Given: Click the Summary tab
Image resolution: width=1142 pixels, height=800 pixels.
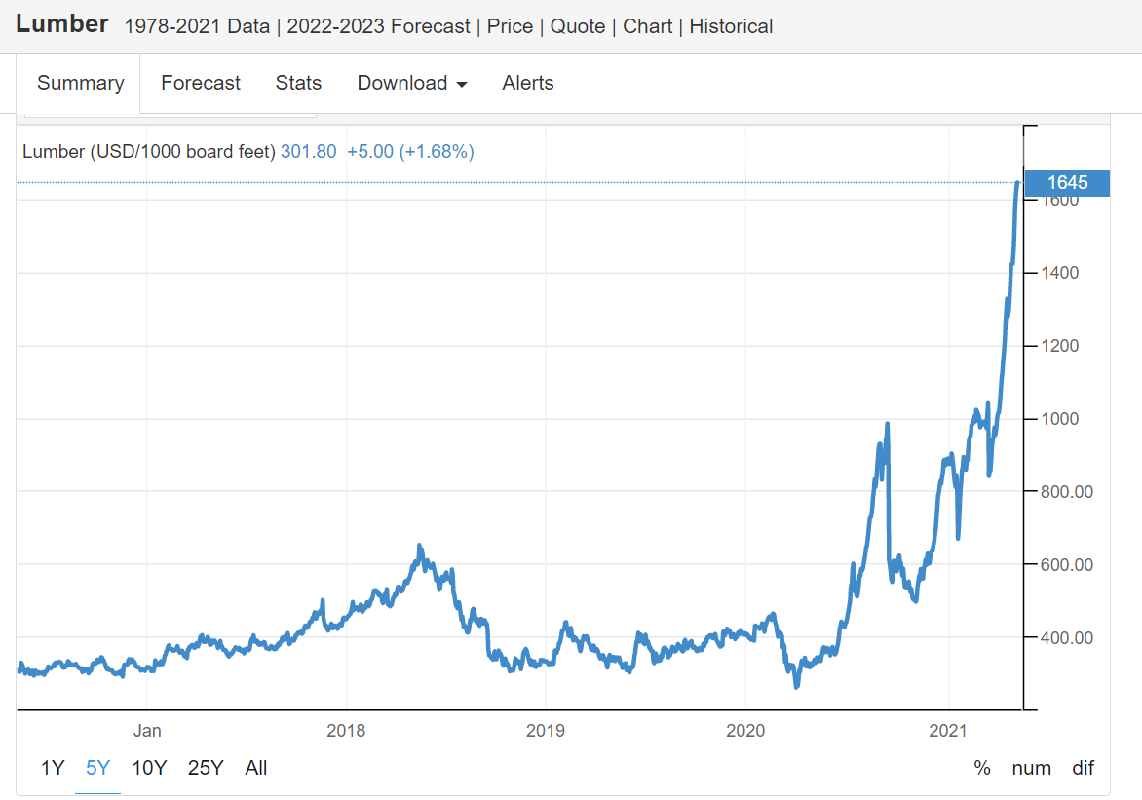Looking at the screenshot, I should tap(80, 83).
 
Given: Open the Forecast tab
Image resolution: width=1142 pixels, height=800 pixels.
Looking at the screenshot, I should tap(201, 83).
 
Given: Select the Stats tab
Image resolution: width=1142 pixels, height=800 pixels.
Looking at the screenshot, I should tap(298, 83).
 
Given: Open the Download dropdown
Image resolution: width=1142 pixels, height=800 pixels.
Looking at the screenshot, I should tap(411, 83).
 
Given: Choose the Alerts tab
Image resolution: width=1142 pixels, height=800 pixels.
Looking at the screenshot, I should tap(528, 83).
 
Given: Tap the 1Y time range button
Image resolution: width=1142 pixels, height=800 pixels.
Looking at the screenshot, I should tap(53, 768).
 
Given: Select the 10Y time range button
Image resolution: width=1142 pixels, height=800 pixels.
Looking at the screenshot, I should tap(149, 768).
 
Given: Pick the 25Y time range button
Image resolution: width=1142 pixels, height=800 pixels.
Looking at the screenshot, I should tap(206, 768).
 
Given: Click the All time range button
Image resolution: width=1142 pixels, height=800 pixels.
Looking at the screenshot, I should tap(256, 768).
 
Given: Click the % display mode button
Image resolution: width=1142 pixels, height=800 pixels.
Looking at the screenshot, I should tap(982, 768).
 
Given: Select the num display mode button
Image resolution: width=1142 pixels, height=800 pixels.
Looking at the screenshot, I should tap(1032, 768).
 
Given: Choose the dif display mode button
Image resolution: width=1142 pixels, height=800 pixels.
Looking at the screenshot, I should tap(1084, 768).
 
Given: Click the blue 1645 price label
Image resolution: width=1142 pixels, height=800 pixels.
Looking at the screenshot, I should tap(1067, 182).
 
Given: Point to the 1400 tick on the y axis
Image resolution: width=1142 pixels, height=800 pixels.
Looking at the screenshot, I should tap(1059, 273).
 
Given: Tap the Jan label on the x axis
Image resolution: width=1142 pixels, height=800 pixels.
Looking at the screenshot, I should tap(147, 730).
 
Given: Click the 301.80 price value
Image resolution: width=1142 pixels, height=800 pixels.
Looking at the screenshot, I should tap(308, 151).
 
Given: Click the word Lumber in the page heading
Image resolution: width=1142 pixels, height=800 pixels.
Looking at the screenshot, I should tap(62, 24).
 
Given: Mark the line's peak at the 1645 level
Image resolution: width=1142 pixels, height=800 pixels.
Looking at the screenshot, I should tap(1018, 183).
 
